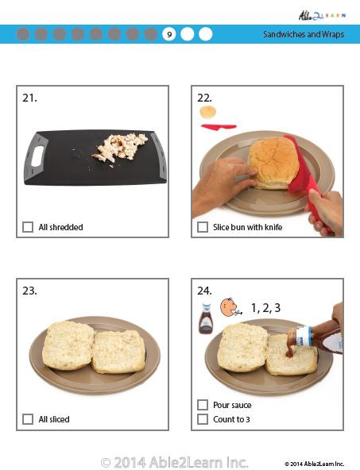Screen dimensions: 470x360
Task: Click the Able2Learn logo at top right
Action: coord(322,13)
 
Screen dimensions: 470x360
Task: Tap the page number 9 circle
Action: coord(168,34)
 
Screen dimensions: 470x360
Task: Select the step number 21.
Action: coord(29,98)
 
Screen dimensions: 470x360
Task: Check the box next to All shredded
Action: coord(28,227)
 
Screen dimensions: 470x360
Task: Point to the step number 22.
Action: coord(204,98)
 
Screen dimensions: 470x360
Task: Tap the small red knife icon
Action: coord(219,125)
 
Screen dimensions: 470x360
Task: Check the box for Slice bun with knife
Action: coord(203,227)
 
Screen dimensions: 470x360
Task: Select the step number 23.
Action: coord(29,291)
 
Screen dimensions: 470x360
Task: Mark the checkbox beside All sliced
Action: coord(28,419)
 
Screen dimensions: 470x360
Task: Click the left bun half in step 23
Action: coord(68,345)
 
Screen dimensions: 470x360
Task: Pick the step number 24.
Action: coord(204,291)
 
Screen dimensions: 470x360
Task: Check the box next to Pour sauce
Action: coord(203,405)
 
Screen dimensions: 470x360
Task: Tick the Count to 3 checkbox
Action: coord(203,419)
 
